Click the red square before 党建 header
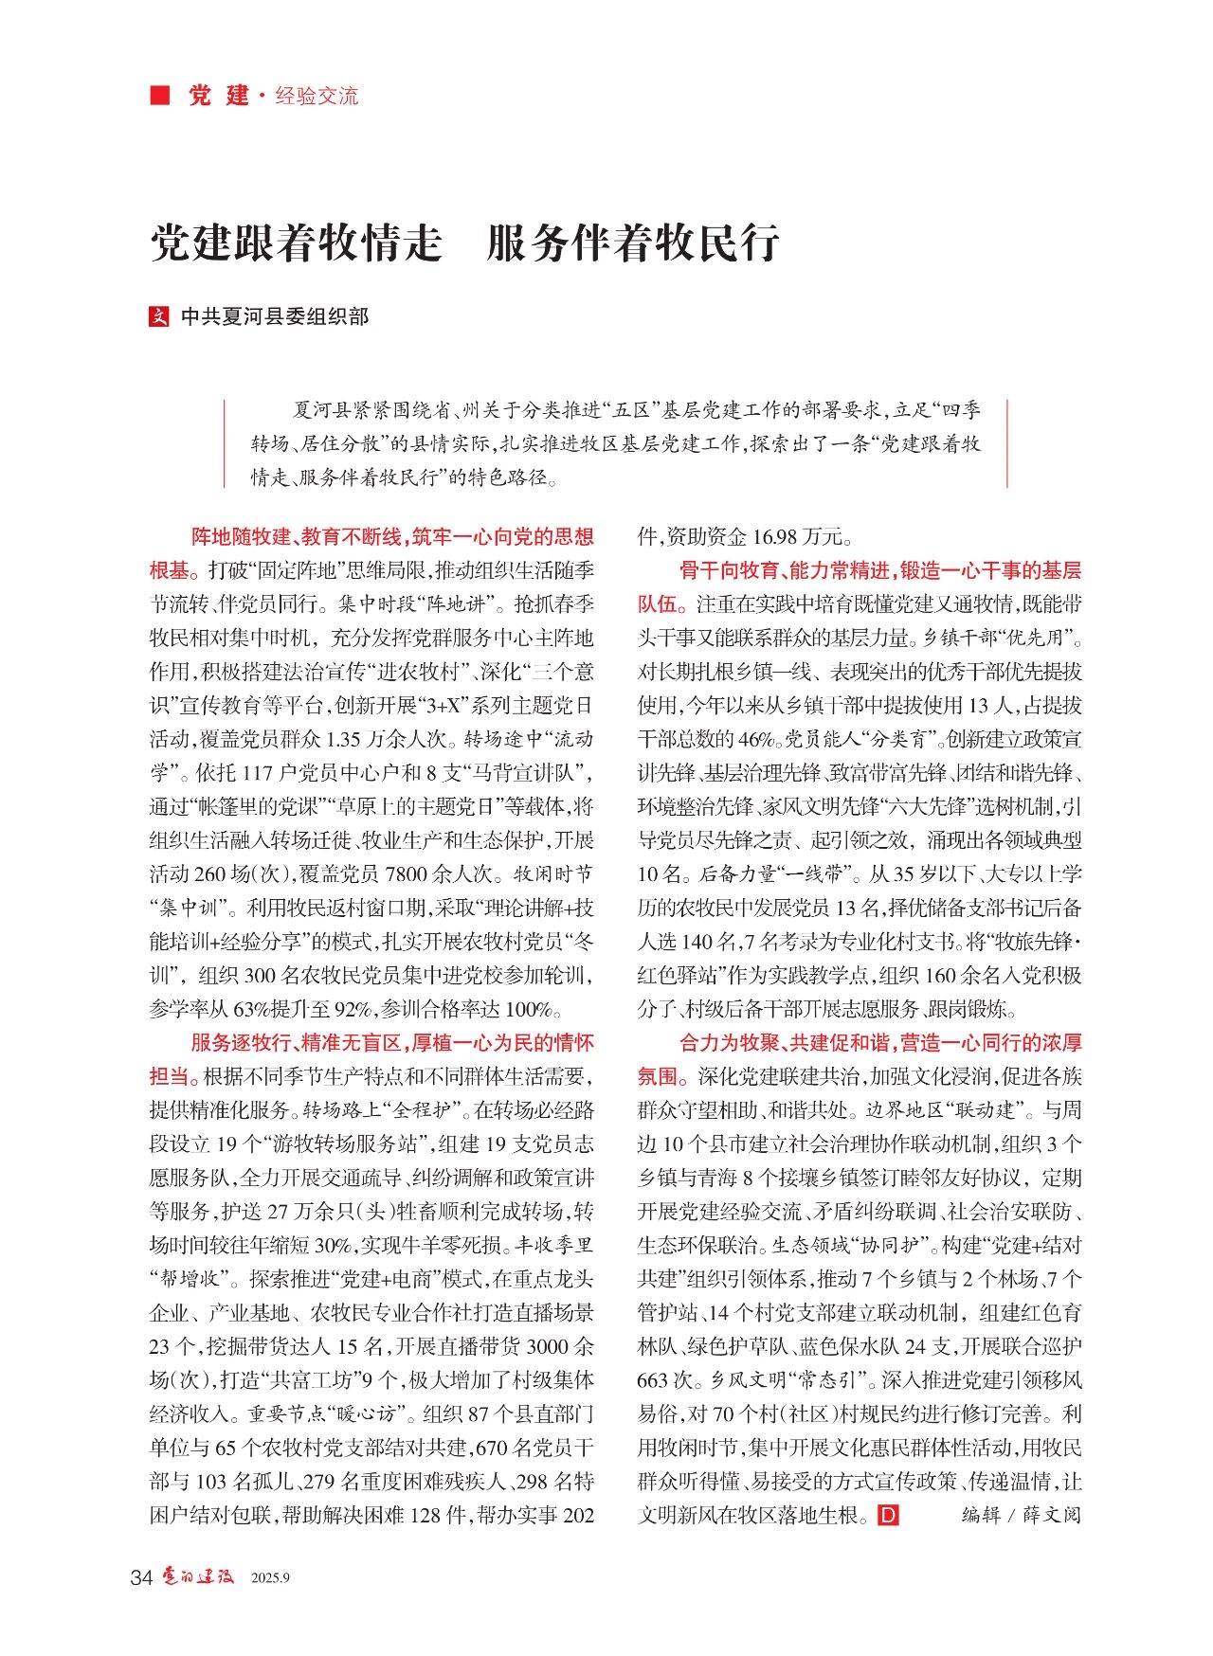(x=160, y=96)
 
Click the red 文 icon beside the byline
(x=159, y=316)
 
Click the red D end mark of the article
(x=888, y=1516)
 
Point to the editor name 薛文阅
(x=1051, y=1516)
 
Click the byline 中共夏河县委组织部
(x=275, y=316)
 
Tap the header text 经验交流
(x=317, y=96)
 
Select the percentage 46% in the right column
(x=754, y=740)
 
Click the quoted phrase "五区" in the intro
(x=629, y=410)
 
